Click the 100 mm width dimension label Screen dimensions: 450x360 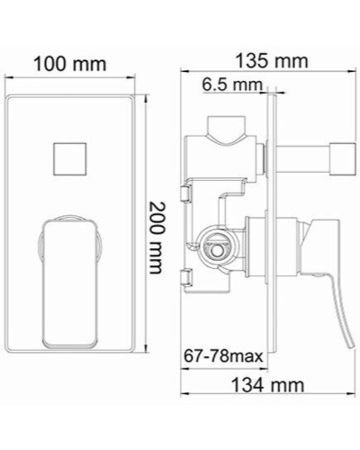coord(69,64)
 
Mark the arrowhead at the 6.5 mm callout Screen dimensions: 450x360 coord(267,89)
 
